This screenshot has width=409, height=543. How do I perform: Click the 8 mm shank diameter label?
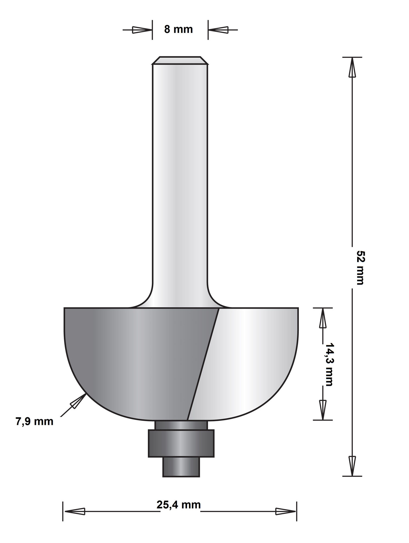[178, 29]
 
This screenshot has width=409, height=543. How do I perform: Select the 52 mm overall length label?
[360, 267]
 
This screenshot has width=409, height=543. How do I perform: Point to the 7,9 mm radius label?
[34, 422]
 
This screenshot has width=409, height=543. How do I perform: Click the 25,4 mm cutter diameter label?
[179, 505]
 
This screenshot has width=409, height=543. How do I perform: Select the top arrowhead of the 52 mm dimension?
[352, 68]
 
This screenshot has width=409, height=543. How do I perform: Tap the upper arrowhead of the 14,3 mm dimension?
[322, 319]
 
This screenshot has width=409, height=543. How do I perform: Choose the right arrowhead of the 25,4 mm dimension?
[285, 512]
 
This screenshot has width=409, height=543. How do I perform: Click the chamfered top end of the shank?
[180, 61]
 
